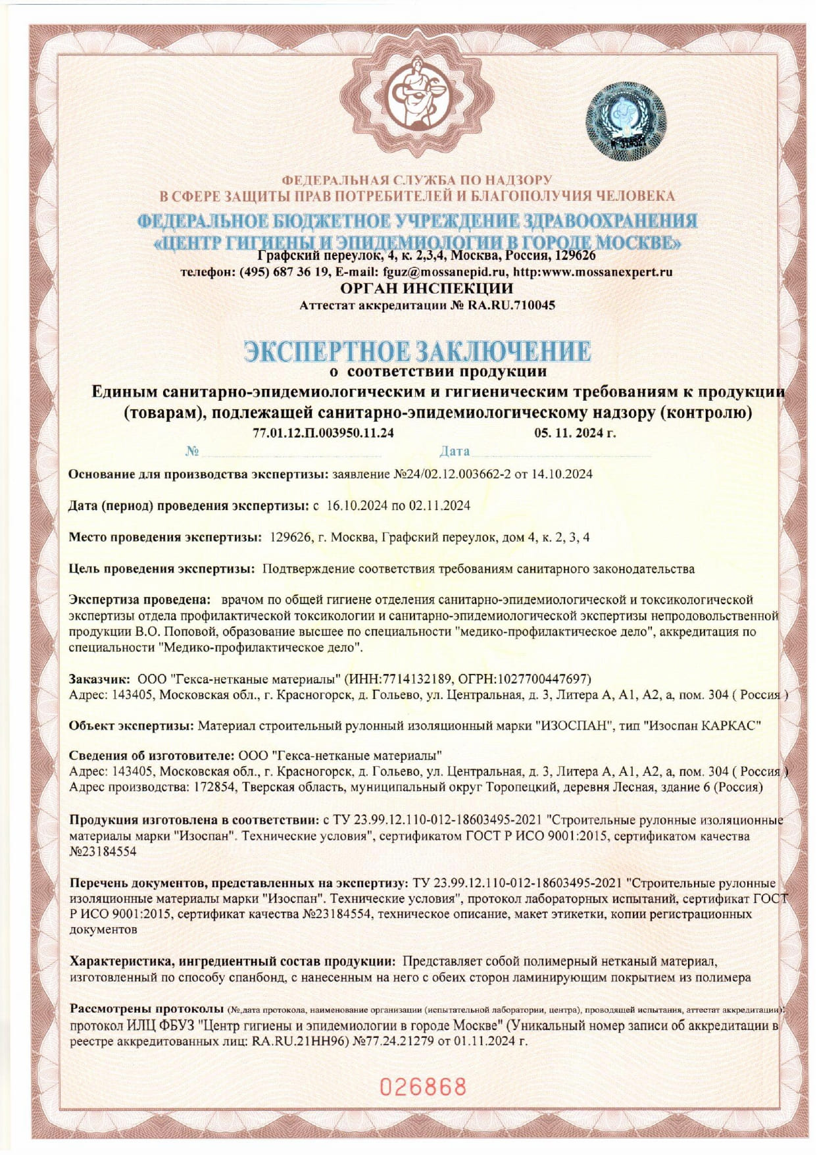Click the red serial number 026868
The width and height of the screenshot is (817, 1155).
[423, 1087]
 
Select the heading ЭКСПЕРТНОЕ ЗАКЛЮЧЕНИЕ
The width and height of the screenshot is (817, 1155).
[417, 351]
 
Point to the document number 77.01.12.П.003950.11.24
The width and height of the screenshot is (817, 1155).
[323, 433]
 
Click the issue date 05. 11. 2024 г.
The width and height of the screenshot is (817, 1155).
[575, 433]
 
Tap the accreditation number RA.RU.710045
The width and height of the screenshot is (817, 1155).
[511, 305]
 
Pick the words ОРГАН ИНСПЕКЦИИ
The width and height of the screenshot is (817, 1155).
[426, 288]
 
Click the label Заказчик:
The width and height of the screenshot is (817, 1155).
[100, 679]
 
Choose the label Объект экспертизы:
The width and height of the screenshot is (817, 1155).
[132, 726]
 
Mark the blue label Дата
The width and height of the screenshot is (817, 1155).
[455, 451]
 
